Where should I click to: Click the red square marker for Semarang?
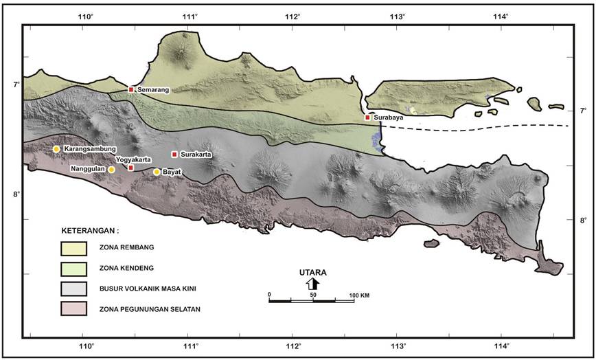(131, 89)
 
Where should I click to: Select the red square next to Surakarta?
(174, 155)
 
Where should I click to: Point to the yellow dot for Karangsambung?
(56, 149)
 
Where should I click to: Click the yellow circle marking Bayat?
(157, 172)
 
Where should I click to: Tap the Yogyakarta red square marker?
(131, 167)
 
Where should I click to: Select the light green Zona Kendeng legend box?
(73, 267)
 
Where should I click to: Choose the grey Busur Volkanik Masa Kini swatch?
(73, 288)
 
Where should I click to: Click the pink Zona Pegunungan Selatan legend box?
(73, 308)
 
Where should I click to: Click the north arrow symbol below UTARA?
(312, 284)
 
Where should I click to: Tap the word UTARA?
(312, 273)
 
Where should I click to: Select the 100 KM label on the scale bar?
(359, 295)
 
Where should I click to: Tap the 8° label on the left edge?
(14, 194)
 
